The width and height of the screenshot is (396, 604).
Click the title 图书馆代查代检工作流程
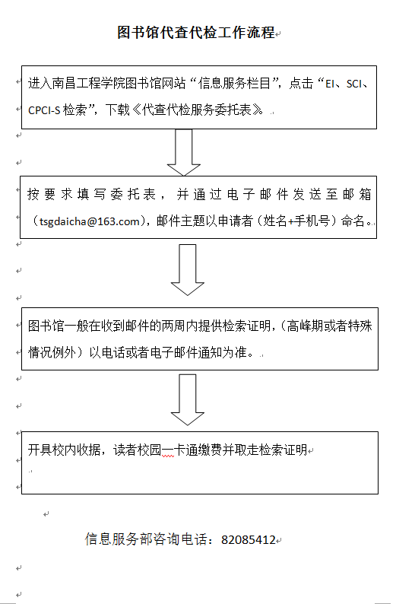pos(196,33)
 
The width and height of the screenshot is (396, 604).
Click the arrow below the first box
pos(184,153)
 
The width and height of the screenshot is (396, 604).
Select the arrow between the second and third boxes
pos(188,269)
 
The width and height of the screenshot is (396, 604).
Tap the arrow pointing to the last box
pos(188,399)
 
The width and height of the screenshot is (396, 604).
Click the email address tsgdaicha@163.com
pos(89,221)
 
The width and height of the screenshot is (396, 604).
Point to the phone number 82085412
pos(249,539)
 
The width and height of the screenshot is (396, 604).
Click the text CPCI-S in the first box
pos(44,110)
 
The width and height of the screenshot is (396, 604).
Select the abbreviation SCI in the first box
pos(353,84)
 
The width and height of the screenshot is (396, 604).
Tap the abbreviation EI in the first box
pos(330,84)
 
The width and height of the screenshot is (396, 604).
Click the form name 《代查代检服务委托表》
pos(198,110)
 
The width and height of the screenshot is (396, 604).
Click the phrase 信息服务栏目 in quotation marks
pos(234,83)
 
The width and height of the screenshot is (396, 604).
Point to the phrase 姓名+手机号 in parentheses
pos(296,221)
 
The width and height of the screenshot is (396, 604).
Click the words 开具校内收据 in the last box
pos(65,450)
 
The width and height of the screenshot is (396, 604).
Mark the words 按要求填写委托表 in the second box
pos(92,195)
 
